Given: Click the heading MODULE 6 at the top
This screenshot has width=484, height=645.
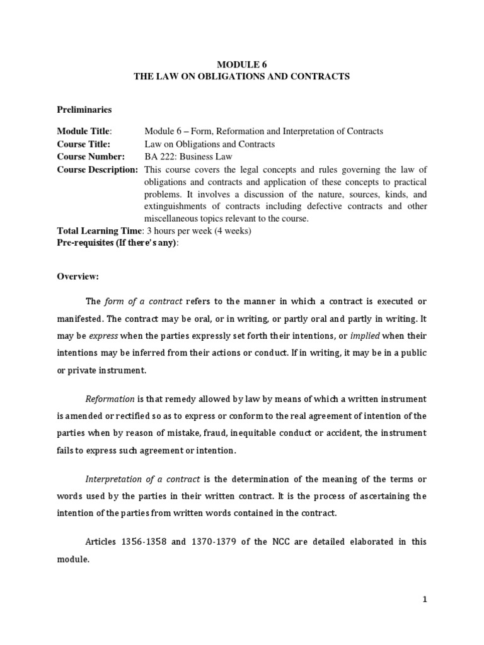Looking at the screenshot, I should point(242,64).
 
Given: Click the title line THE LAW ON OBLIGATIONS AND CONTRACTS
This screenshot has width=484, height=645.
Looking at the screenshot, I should point(242,76).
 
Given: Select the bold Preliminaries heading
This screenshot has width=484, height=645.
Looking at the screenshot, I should point(84,110).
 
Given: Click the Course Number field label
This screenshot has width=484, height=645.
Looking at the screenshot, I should point(91,157).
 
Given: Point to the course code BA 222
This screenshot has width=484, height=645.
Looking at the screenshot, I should point(160,157).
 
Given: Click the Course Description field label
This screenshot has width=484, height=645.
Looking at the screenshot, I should point(98,169).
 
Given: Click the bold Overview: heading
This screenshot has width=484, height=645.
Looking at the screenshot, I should point(79,277).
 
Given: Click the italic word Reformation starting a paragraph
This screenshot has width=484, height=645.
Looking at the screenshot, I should point(110,399).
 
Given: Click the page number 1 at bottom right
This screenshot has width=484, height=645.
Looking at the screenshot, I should point(425,600).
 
